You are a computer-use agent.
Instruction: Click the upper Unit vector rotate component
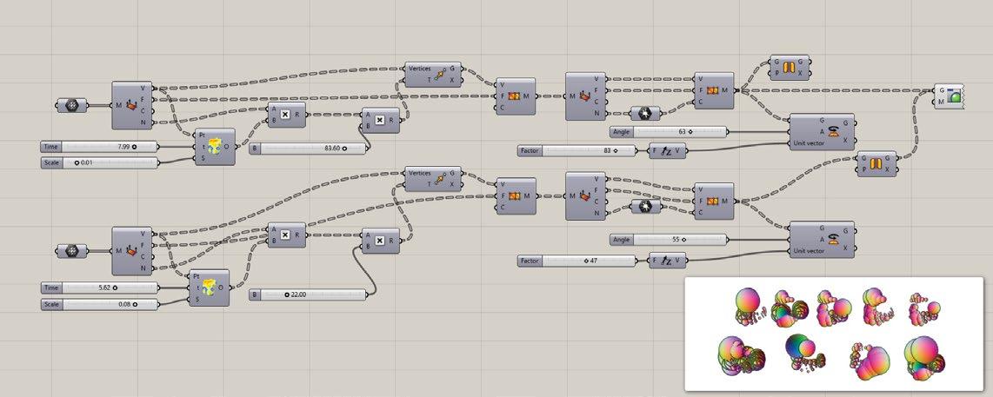821,131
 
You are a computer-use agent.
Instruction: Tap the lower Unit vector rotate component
821,240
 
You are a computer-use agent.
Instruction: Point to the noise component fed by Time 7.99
214,147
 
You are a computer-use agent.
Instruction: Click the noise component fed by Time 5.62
210,288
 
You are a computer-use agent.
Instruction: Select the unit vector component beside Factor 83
668,150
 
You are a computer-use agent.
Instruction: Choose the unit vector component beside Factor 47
668,261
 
